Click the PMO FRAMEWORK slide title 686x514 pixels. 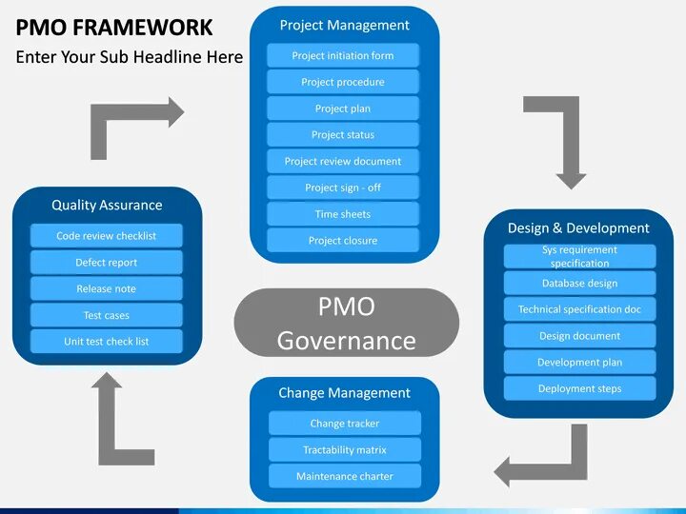(x=114, y=28)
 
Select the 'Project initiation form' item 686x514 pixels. (x=343, y=55)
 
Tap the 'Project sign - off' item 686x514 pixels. (x=343, y=188)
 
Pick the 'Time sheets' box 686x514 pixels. (x=343, y=214)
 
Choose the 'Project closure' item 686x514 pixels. (x=343, y=241)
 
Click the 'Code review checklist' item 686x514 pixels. (x=107, y=236)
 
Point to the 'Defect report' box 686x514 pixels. (x=107, y=263)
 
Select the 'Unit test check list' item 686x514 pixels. (x=107, y=342)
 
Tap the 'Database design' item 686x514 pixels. (x=579, y=283)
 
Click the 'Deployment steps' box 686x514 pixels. (x=579, y=388)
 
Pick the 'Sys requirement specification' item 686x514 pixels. (x=579, y=256)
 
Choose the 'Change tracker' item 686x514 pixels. (x=345, y=424)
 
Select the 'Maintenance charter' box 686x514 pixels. (x=345, y=476)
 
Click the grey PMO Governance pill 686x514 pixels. (x=346, y=324)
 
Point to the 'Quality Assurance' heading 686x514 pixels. (x=107, y=205)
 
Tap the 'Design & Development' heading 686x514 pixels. (x=578, y=228)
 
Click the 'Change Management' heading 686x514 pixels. (x=344, y=393)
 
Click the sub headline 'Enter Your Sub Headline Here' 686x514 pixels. (x=130, y=57)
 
